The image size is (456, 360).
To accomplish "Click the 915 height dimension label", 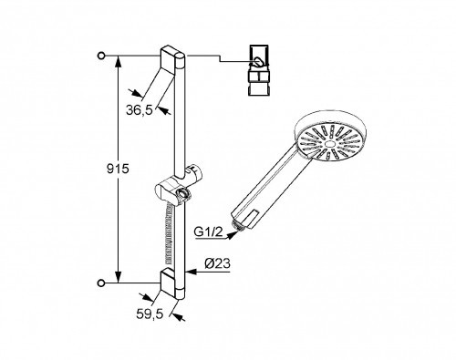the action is tap(118, 169).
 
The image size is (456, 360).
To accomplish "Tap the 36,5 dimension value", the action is tap(140, 110).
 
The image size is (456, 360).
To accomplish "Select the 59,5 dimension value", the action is tap(150, 314).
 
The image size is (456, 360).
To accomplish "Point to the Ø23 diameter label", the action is tap(218, 263).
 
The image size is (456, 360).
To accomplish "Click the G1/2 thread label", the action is tap(209, 232).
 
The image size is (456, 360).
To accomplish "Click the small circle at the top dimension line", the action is tap(101, 56).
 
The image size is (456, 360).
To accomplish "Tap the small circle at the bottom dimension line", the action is tap(101, 283).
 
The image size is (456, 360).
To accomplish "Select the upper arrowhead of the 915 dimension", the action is tap(119, 62).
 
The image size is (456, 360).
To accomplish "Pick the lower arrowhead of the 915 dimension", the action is tap(119, 277).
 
